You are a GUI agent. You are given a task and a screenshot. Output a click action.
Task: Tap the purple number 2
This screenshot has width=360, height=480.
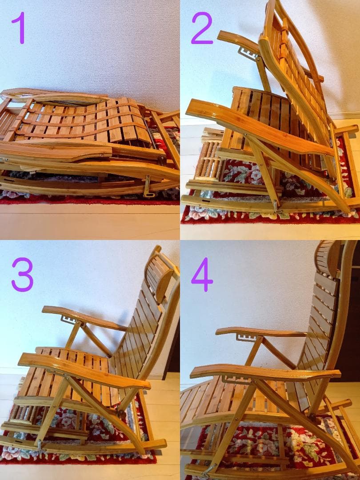[x=202, y=28]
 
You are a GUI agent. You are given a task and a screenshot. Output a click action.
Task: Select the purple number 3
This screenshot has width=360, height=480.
[x=22, y=274]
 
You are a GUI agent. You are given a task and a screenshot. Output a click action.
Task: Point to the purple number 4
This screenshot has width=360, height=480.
[x=202, y=274]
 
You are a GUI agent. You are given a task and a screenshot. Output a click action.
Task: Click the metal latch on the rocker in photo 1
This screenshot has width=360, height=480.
[x=148, y=186]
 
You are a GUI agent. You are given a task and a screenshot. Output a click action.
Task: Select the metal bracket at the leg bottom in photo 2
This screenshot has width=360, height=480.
[x=277, y=206]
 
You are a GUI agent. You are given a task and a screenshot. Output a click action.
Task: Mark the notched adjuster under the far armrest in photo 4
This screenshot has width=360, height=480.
[x=247, y=337]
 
